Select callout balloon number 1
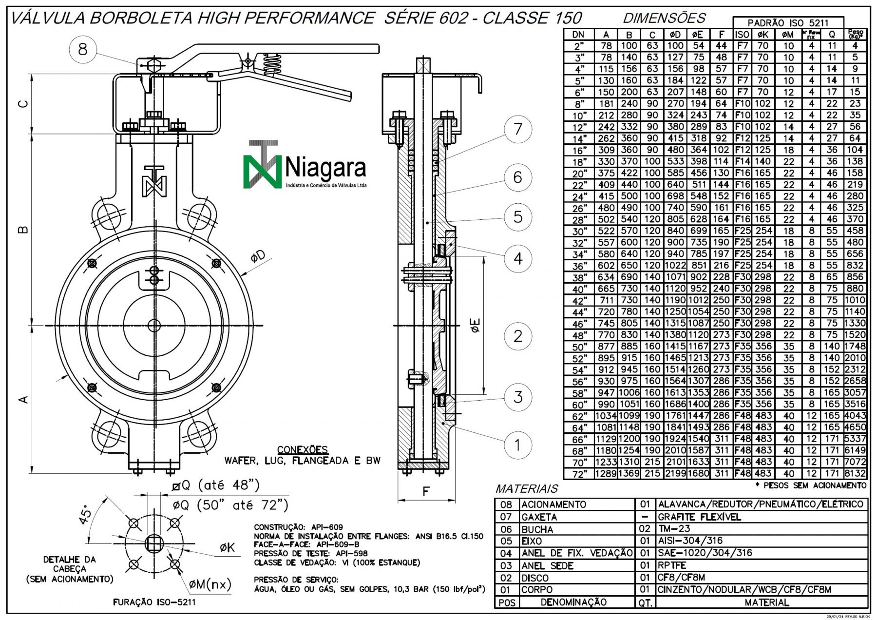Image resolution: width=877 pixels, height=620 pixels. (517, 445)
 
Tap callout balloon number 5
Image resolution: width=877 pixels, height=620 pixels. (517, 217)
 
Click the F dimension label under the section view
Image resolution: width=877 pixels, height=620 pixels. (426, 491)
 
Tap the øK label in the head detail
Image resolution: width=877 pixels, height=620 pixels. (227, 547)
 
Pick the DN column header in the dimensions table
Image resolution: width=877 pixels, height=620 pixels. (578, 34)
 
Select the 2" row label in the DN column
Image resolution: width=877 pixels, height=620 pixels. (578, 46)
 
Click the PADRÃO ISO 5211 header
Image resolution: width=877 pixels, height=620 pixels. (788, 23)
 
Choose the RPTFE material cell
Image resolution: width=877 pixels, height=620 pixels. (672, 565)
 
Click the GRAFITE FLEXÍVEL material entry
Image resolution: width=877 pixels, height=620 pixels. (699, 517)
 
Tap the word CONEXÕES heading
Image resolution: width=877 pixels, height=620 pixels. (302, 449)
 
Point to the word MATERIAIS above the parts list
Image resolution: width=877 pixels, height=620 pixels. (526, 488)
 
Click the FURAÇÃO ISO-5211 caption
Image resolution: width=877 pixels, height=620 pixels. (154, 602)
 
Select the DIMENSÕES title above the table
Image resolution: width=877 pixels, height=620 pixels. (664, 19)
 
